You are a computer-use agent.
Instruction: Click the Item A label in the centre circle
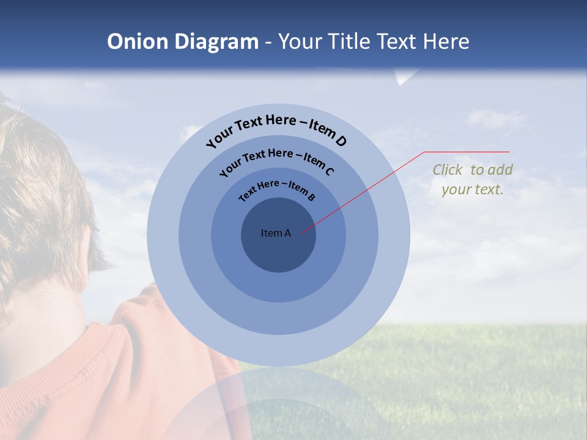pyautogui.click(x=276, y=233)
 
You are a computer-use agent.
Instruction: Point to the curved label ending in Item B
pyautogui.click(x=276, y=189)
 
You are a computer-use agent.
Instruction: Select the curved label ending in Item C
pyautogui.click(x=276, y=160)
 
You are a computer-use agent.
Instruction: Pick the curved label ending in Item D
pyautogui.click(x=276, y=130)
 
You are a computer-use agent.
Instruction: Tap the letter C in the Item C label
pyautogui.click(x=329, y=171)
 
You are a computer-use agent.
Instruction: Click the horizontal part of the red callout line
pyautogui.click(x=467, y=152)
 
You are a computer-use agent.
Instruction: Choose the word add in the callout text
pyautogui.click(x=500, y=170)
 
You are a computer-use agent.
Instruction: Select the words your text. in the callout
pyautogui.click(x=472, y=189)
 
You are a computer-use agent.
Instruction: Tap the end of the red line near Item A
pyautogui.click(x=302, y=232)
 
